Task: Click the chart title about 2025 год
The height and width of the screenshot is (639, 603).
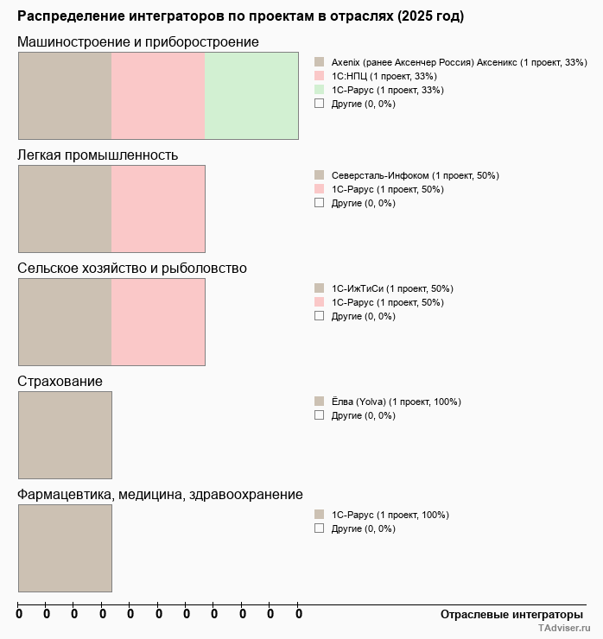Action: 240,16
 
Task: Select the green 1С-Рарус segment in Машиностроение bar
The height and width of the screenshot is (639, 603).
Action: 251,95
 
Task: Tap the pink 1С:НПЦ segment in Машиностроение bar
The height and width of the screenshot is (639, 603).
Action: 158,95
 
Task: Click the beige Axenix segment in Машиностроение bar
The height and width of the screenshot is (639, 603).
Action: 65,95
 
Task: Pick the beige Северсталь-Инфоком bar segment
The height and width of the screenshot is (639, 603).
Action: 65,208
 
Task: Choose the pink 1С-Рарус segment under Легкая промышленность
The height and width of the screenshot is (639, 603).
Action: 158,208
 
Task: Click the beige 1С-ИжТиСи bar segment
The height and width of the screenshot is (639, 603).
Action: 65,321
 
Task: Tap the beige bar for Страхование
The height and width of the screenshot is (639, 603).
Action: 65,434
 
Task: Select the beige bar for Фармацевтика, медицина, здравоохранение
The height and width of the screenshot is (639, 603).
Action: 65,547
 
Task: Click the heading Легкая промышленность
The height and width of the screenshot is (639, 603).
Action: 98,155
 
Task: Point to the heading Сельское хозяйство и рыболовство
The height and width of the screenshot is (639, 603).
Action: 132,269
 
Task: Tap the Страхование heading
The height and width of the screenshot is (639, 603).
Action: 60,382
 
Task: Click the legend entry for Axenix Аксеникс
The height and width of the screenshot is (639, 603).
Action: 459,62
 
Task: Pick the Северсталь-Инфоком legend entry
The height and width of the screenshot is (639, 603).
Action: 415,175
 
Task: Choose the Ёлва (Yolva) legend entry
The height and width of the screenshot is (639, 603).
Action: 396,402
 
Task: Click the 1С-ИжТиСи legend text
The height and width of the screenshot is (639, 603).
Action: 392,288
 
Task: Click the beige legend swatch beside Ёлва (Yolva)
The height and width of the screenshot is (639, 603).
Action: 319,402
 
